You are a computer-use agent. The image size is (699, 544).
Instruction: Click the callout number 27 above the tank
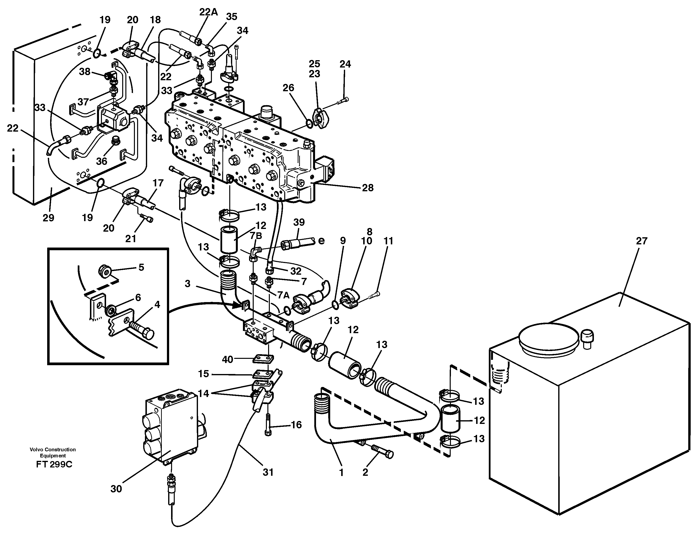641,241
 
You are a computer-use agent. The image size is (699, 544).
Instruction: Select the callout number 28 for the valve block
367,188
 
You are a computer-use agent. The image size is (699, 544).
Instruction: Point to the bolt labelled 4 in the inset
142,330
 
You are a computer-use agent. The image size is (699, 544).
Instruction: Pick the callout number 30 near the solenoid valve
116,489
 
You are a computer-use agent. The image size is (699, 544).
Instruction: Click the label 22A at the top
208,12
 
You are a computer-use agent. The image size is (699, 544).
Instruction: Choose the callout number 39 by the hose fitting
299,222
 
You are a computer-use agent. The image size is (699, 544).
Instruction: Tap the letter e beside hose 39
321,241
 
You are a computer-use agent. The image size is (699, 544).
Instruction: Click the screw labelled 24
343,101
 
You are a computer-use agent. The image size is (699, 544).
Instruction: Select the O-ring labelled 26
309,123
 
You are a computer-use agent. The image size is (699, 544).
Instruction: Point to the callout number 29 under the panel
48,218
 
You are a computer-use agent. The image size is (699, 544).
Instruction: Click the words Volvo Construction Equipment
53,452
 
